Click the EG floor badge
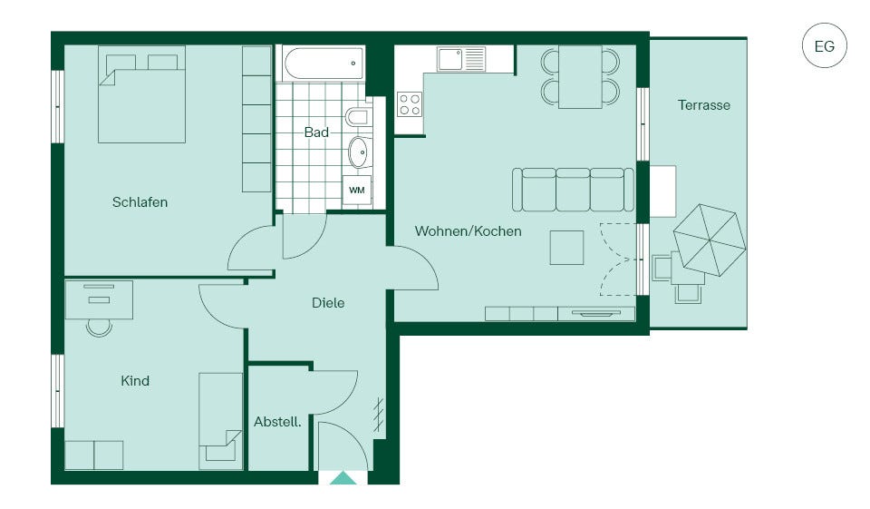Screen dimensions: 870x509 pos(825,45)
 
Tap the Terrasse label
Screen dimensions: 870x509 pos(703,105)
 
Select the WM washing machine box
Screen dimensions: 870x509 pos(357,190)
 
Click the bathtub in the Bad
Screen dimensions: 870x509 pos(324,64)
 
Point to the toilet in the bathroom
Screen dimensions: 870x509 pos(357,117)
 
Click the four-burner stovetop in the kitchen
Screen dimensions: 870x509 pos(410,104)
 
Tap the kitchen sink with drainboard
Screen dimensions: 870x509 pos(461,59)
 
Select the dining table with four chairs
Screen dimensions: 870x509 pos(580,77)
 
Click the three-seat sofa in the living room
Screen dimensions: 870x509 pos(573,190)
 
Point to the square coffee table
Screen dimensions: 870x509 pos(566,248)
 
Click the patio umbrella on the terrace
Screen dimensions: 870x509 pos(710,240)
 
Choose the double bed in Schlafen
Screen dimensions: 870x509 pos(141,94)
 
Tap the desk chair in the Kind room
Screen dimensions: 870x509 pos(99,328)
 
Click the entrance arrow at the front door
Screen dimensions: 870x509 pos(343,478)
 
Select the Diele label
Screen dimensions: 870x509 pos(328,303)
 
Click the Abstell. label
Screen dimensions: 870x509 pos(277,422)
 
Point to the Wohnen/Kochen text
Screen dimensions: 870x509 pos(468,231)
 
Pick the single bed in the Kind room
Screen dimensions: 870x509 pos(221,421)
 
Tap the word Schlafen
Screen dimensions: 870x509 pos(140,202)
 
